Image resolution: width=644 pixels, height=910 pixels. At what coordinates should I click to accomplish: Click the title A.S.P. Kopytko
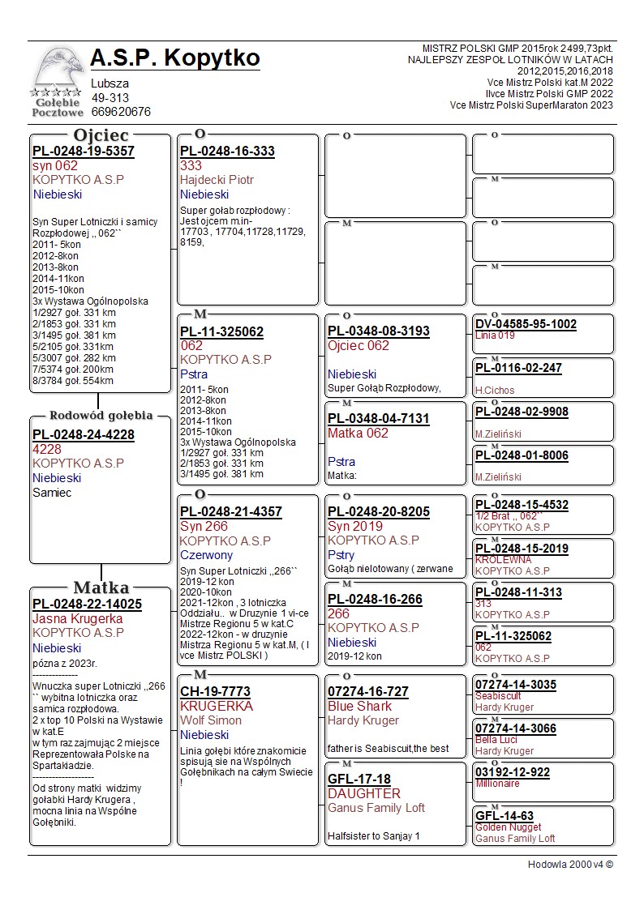pyautogui.click(x=175, y=58)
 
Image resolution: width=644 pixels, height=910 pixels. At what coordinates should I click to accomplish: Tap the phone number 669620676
pyautogui.click(x=121, y=112)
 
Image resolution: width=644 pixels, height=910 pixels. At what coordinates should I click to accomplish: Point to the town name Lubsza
pyautogui.click(x=109, y=83)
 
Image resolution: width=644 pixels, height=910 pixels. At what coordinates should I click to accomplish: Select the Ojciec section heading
pyautogui.click(x=101, y=135)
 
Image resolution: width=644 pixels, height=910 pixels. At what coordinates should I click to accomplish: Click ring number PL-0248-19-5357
pyautogui.click(x=84, y=152)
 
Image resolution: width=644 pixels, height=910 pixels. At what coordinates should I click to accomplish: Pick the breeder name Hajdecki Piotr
pyautogui.click(x=217, y=180)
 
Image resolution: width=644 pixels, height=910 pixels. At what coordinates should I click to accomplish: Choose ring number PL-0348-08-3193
pyautogui.click(x=379, y=331)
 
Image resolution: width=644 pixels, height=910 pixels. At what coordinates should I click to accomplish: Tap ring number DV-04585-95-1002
pyautogui.click(x=526, y=324)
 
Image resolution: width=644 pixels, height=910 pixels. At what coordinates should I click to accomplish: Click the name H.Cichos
pyautogui.click(x=495, y=391)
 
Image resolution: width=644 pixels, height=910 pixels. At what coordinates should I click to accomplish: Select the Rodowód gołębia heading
pyautogui.click(x=101, y=416)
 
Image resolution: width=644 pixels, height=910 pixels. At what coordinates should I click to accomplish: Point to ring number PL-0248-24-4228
pyautogui.click(x=84, y=435)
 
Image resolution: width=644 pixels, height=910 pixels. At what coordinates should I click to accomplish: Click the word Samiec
pyautogui.click(x=52, y=493)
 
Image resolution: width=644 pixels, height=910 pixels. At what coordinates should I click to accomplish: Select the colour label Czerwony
pyautogui.click(x=206, y=556)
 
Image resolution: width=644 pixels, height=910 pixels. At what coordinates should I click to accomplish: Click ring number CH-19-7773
pyautogui.click(x=215, y=692)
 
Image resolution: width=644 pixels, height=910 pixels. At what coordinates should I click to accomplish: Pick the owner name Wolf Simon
pyautogui.click(x=211, y=720)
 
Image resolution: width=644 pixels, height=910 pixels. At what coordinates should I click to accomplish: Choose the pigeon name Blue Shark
pyautogui.click(x=359, y=707)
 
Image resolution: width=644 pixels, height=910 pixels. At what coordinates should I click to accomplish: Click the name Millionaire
pyautogui.click(x=497, y=784)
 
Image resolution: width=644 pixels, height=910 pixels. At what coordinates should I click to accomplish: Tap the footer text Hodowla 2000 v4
pyautogui.click(x=570, y=865)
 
